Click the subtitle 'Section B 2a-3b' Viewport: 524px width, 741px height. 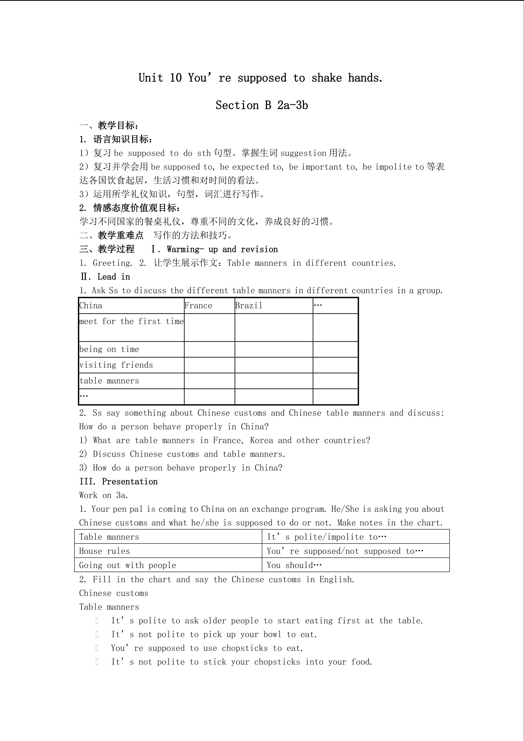coord(262,105)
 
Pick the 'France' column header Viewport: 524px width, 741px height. coord(199,306)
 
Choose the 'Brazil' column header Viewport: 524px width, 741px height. coord(249,306)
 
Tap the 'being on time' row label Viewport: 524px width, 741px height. coord(109,349)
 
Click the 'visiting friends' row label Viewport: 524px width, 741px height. coord(116,365)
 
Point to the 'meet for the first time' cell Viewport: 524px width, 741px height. coord(131,322)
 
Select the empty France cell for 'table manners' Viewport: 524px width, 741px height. coord(210,381)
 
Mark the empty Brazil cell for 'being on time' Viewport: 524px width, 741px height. coord(274,349)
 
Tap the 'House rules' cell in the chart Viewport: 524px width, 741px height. coord(105,551)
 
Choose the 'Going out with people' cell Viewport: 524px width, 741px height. coord(128,565)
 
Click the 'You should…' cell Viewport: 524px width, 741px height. coord(294,565)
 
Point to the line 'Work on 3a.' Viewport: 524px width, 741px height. coord(104,495)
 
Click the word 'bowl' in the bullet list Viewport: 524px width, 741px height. coord(272,634)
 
